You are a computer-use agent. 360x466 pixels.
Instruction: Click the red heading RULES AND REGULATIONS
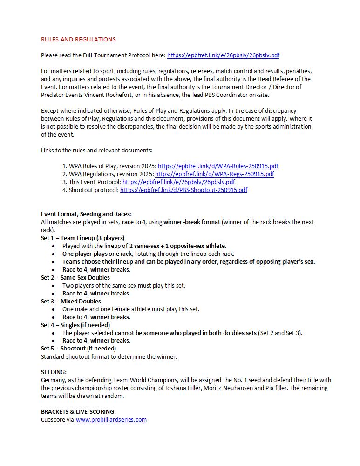point(78,39)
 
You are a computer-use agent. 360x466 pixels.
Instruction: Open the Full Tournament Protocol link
point(223,55)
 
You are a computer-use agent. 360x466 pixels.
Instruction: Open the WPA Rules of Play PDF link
point(218,166)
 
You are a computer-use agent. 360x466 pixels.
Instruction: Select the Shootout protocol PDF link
point(183,190)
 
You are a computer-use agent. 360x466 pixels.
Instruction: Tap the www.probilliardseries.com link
point(111,419)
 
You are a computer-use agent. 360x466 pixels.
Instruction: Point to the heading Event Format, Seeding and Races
point(86,214)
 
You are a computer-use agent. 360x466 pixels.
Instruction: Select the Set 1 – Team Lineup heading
point(82,238)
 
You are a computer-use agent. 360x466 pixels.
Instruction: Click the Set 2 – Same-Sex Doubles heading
point(75,277)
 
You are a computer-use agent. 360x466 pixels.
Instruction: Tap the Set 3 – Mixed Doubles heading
point(71,301)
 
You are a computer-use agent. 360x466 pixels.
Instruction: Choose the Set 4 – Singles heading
point(75,325)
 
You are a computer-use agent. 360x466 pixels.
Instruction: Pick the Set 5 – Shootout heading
point(78,348)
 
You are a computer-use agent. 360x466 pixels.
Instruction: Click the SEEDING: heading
point(54,372)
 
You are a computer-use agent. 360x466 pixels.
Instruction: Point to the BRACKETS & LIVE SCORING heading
point(78,411)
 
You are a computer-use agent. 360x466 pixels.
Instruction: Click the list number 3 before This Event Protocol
point(64,182)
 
